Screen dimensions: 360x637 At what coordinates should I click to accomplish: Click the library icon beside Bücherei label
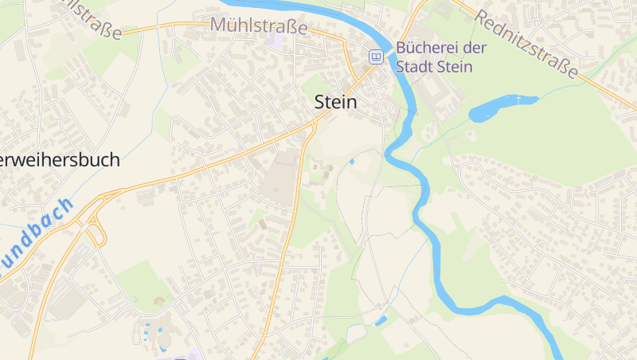coord(375,57)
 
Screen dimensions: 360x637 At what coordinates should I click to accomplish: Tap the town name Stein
coord(336,103)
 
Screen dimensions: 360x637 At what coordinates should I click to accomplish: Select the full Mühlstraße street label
coord(259,25)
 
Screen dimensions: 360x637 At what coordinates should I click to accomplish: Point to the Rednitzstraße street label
coord(527,43)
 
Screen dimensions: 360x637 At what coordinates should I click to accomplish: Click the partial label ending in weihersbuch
coord(60,160)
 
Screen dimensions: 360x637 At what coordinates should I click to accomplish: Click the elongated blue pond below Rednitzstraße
coord(502,107)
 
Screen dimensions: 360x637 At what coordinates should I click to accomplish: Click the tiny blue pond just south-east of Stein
coord(352,162)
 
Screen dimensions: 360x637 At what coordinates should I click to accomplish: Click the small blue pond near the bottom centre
coord(381,321)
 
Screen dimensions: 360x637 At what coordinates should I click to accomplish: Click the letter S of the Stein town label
coord(321,103)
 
